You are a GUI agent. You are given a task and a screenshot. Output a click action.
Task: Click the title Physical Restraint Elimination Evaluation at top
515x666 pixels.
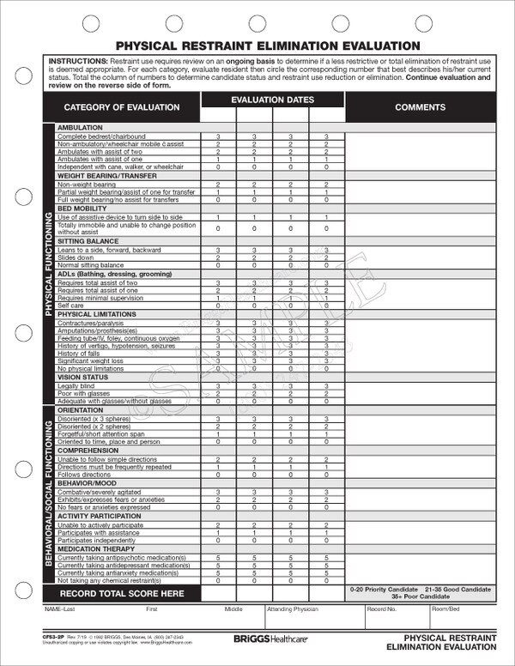tap(269, 45)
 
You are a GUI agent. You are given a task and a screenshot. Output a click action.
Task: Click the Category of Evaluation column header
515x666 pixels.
tap(121, 107)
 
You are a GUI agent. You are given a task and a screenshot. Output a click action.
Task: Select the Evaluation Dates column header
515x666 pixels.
tap(272, 100)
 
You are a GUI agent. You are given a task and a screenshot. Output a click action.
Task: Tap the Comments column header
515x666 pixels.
tap(420, 107)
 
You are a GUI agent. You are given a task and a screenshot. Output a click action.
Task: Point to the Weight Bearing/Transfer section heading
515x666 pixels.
tap(101, 175)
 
